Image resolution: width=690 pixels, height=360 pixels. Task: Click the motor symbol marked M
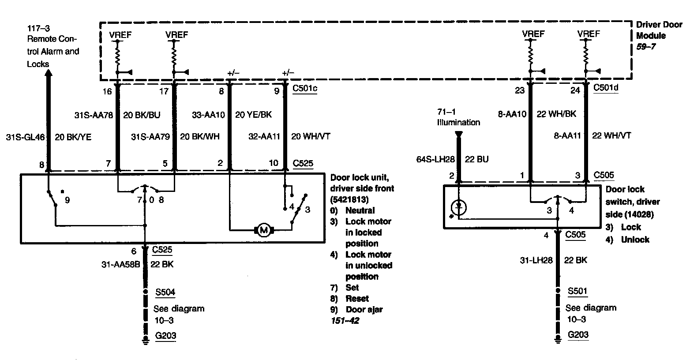(x=264, y=229)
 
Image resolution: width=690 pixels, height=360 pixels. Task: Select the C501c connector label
(x=305, y=89)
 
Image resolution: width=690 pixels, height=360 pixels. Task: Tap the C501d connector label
(x=606, y=88)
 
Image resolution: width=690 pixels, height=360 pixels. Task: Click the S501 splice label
(x=577, y=291)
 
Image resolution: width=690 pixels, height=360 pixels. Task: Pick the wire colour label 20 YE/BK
(x=253, y=115)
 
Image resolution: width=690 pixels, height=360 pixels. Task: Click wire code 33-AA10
(x=208, y=115)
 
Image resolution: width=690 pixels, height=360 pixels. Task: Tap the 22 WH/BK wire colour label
(x=556, y=114)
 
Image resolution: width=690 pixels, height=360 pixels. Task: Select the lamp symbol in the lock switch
(x=460, y=206)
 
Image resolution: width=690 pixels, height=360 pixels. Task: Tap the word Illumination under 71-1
(x=458, y=122)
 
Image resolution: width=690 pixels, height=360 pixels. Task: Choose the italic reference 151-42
(x=345, y=321)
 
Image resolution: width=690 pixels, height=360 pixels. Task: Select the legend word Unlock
(x=635, y=240)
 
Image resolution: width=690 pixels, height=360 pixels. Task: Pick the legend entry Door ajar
(x=364, y=309)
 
